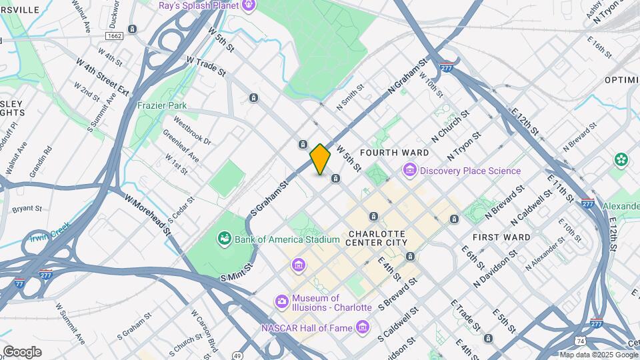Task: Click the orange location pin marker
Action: (320, 159)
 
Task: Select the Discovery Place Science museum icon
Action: (409, 171)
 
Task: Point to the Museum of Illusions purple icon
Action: (283, 303)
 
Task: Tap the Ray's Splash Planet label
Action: (199, 6)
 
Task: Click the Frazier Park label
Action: (161, 106)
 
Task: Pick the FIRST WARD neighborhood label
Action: (501, 237)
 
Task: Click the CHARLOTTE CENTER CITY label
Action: (377, 238)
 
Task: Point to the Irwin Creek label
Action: (49, 231)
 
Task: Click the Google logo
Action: (21, 351)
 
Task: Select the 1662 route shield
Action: (114, 35)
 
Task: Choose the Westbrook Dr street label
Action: (192, 132)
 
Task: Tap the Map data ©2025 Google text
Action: (598, 355)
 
